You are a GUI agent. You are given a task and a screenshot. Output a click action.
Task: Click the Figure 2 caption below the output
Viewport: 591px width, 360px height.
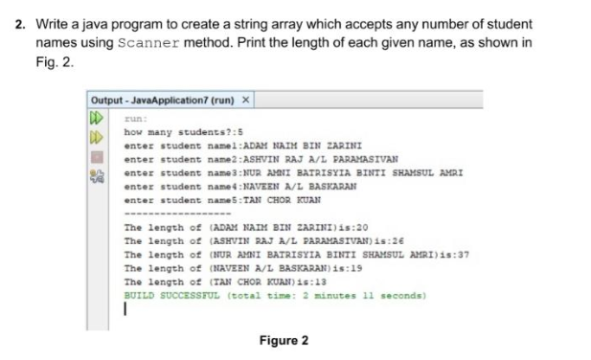284,340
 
